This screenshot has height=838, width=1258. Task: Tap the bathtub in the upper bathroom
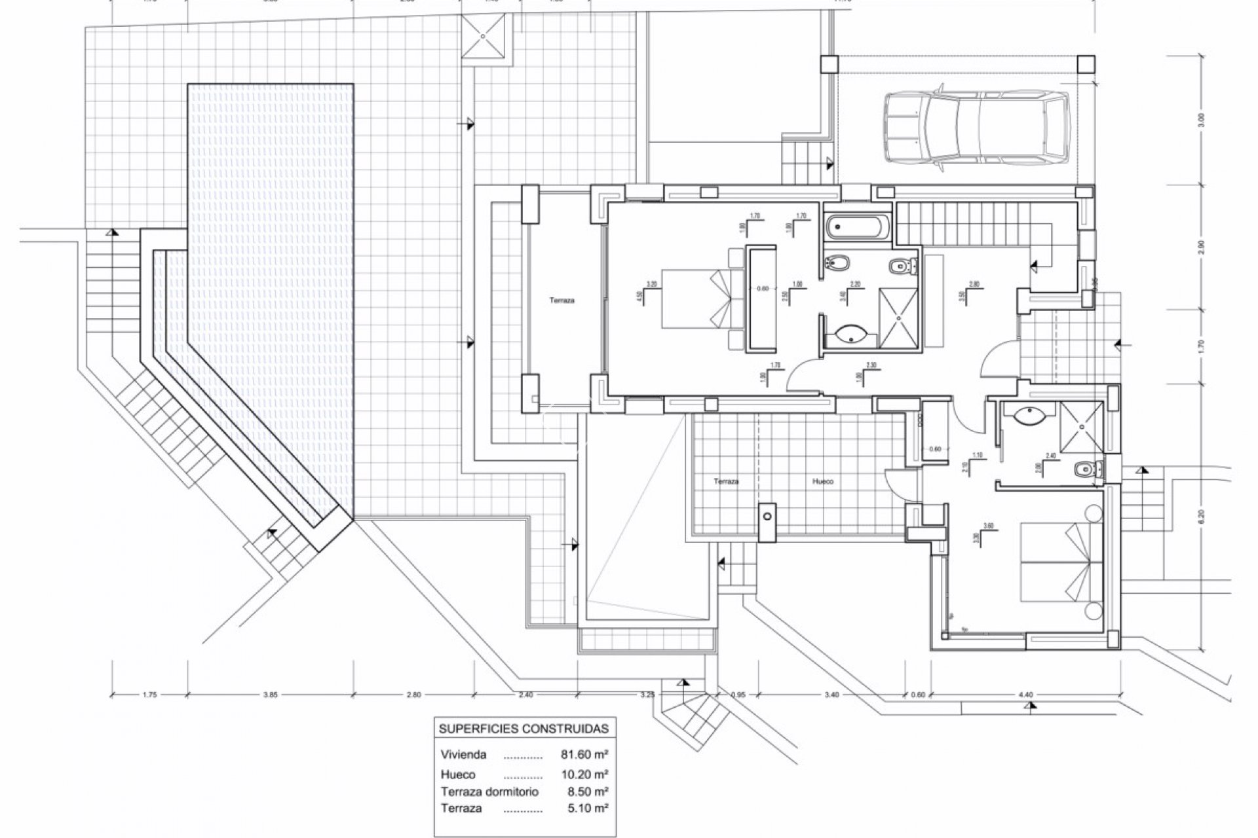pos(858,228)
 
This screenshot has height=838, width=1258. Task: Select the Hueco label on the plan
pos(823,481)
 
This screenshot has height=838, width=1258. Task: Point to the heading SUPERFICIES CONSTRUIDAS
pos(523,728)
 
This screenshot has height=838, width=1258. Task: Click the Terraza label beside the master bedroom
pos(562,301)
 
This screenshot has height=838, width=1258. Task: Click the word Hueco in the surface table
pos(459,774)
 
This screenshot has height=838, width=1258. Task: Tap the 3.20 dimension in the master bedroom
pos(651,284)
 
